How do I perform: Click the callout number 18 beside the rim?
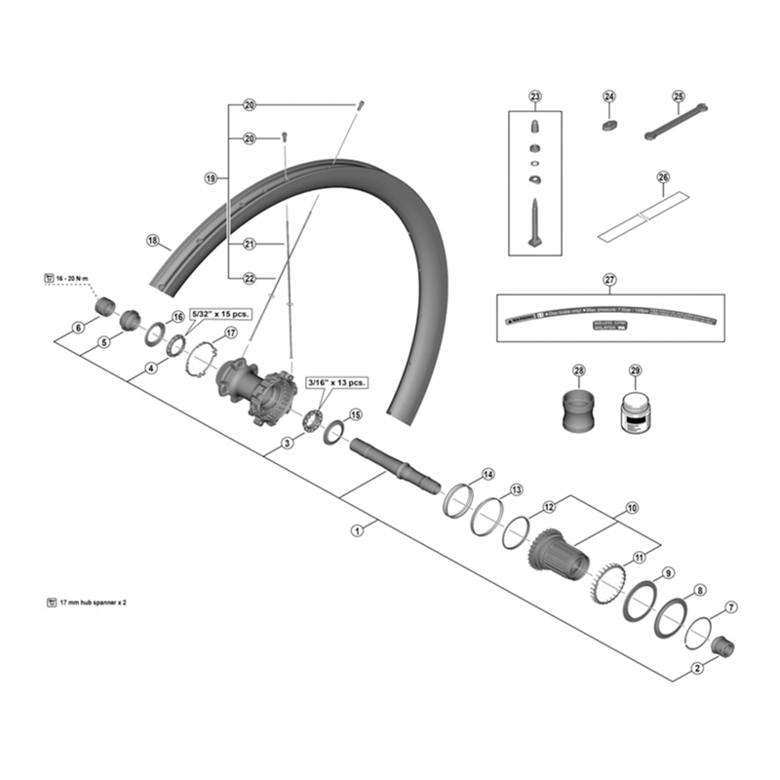click(x=152, y=240)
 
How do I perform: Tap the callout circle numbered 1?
click(x=358, y=531)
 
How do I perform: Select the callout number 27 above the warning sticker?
click(x=609, y=281)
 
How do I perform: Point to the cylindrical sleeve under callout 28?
click(x=579, y=409)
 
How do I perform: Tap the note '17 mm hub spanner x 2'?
click(x=94, y=604)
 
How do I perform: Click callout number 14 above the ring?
click(x=487, y=475)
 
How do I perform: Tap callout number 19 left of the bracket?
click(x=211, y=178)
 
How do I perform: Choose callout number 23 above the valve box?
click(x=534, y=96)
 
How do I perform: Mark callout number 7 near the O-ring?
click(x=732, y=609)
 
